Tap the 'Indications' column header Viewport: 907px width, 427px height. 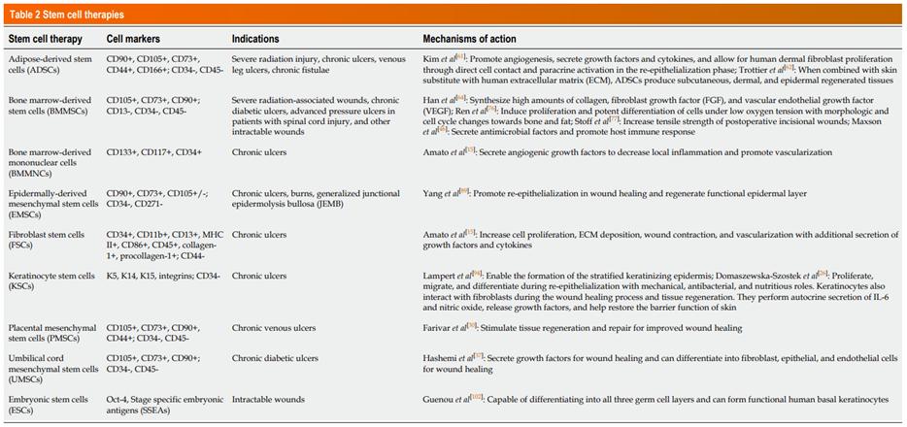tap(255, 39)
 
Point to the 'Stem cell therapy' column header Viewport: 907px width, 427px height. tap(45, 39)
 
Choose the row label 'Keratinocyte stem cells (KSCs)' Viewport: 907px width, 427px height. tap(48, 282)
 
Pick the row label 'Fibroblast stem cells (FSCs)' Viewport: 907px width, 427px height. tap(46, 241)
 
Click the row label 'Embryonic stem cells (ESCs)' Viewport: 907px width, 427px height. tap(49, 405)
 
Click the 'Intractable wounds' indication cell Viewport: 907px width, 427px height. tap(268, 399)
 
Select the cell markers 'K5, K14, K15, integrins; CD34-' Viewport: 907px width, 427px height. tap(163, 277)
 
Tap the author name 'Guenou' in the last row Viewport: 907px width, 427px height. tap(440, 399)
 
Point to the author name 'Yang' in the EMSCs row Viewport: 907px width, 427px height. tap(433, 193)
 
